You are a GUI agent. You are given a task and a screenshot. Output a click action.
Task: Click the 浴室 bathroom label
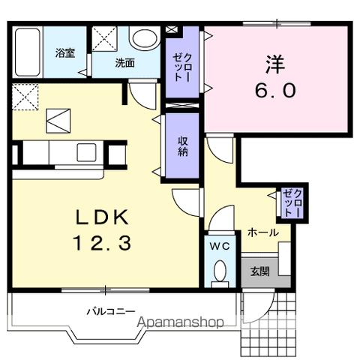[65, 53]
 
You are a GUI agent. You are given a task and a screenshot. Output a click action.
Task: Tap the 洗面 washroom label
[124, 64]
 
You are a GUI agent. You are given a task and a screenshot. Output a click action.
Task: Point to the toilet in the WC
[219, 271]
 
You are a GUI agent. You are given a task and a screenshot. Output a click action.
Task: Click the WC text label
[219, 246]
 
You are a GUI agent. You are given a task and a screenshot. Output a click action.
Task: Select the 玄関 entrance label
[259, 272]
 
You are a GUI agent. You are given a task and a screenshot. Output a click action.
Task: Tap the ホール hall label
[263, 232]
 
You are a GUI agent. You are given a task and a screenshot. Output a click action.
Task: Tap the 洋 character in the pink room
[274, 61]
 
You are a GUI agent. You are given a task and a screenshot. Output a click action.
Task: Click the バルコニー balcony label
[109, 310]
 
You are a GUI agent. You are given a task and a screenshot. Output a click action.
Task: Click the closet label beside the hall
[289, 203]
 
